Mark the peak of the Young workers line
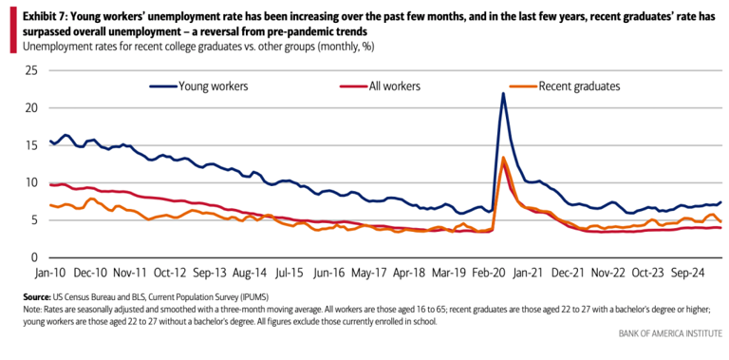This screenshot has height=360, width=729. point(503,93)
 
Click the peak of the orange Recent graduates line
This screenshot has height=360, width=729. point(503,158)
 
